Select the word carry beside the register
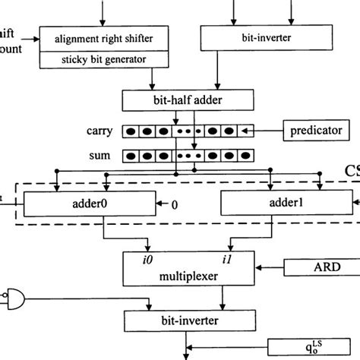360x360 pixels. (99, 131)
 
